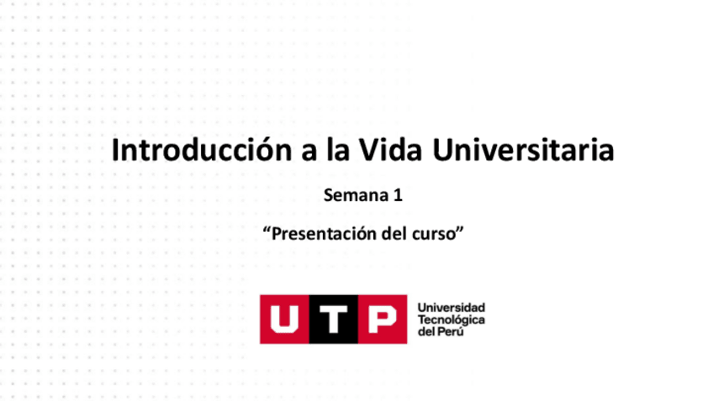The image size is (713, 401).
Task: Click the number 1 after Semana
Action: [x=397, y=197]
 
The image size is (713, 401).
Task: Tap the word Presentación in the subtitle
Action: [x=324, y=234]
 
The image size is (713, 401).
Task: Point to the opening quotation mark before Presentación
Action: [x=267, y=230]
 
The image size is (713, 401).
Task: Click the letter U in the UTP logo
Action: [x=284, y=319]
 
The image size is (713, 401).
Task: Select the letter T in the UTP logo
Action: [x=333, y=319]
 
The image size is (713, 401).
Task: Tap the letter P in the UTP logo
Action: [x=381, y=319]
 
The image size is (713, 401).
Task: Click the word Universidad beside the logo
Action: [x=452, y=308]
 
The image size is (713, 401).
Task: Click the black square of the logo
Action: [x=333, y=319]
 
